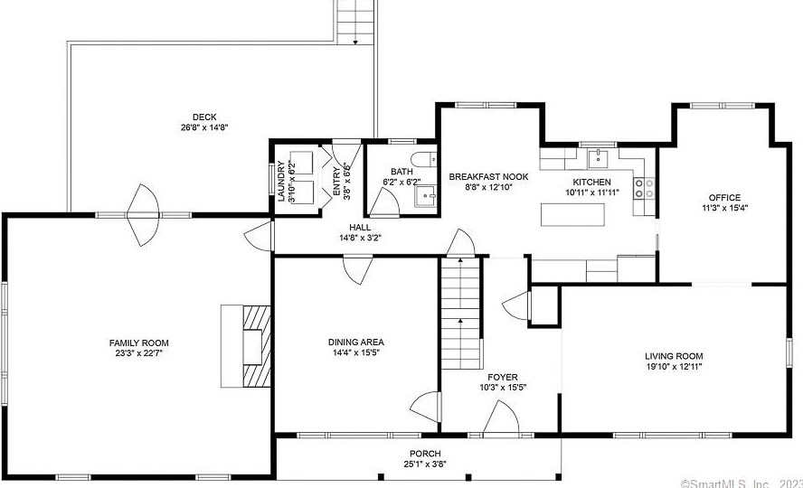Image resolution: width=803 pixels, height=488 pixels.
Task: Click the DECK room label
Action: click(x=204, y=117)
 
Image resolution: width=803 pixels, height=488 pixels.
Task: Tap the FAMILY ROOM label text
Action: click(x=138, y=343)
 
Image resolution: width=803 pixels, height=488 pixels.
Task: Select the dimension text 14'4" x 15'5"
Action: click(x=356, y=352)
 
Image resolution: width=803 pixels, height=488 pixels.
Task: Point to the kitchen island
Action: click(x=572, y=214)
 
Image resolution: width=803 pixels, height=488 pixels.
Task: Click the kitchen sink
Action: click(x=598, y=158)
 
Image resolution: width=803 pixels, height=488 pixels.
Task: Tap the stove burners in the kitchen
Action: click(x=644, y=188)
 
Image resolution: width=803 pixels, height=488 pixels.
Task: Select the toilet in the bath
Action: click(x=424, y=160)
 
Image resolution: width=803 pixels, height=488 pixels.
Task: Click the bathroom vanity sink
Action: click(x=426, y=196)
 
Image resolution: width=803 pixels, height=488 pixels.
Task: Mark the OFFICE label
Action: click(x=724, y=197)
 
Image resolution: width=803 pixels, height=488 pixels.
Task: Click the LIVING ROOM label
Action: click(x=674, y=356)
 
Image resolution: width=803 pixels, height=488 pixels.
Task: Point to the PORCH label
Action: click(x=425, y=454)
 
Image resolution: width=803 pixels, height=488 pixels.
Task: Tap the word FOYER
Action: click(x=503, y=378)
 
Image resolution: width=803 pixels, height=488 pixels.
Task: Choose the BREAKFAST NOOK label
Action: click(x=488, y=177)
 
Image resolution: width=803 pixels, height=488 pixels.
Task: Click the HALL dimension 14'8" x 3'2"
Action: click(x=360, y=238)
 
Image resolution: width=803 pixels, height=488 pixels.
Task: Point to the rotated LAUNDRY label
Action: click(x=281, y=181)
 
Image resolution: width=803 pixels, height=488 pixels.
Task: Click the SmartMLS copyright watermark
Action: click(x=742, y=483)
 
